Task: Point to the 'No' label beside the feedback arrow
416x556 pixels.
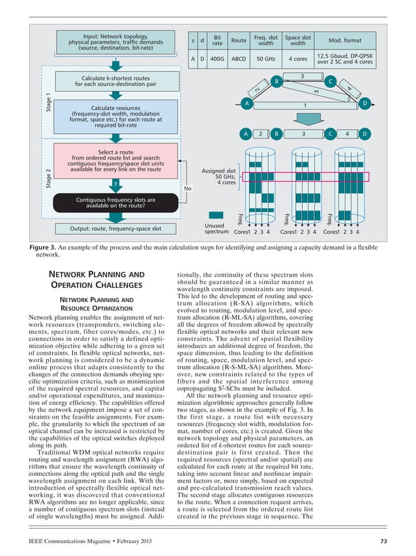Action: tap(188, 189)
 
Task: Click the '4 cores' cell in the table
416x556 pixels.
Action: tap(297, 60)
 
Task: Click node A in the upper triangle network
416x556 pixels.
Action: tap(246, 104)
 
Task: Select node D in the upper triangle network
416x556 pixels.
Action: tap(364, 104)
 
